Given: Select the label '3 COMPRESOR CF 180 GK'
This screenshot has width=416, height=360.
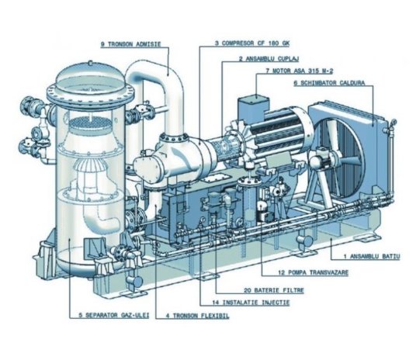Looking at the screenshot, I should pos(255,45).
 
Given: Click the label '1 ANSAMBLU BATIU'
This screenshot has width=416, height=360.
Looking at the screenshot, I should pos(366,255).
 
